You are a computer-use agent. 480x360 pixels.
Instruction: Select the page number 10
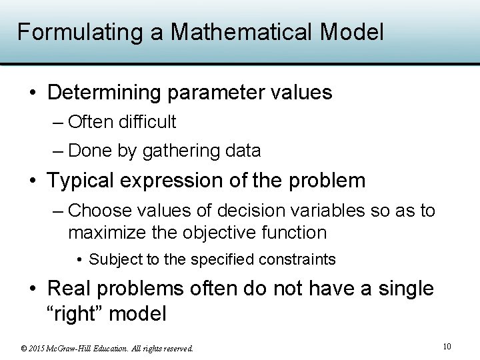(447, 346)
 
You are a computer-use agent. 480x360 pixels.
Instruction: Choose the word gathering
(181, 151)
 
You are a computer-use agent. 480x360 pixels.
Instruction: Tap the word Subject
(113, 259)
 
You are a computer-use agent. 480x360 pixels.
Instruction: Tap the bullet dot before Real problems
(33, 289)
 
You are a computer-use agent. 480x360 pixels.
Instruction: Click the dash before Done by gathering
(58, 151)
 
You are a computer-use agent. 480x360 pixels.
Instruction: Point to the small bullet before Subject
(80, 259)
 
